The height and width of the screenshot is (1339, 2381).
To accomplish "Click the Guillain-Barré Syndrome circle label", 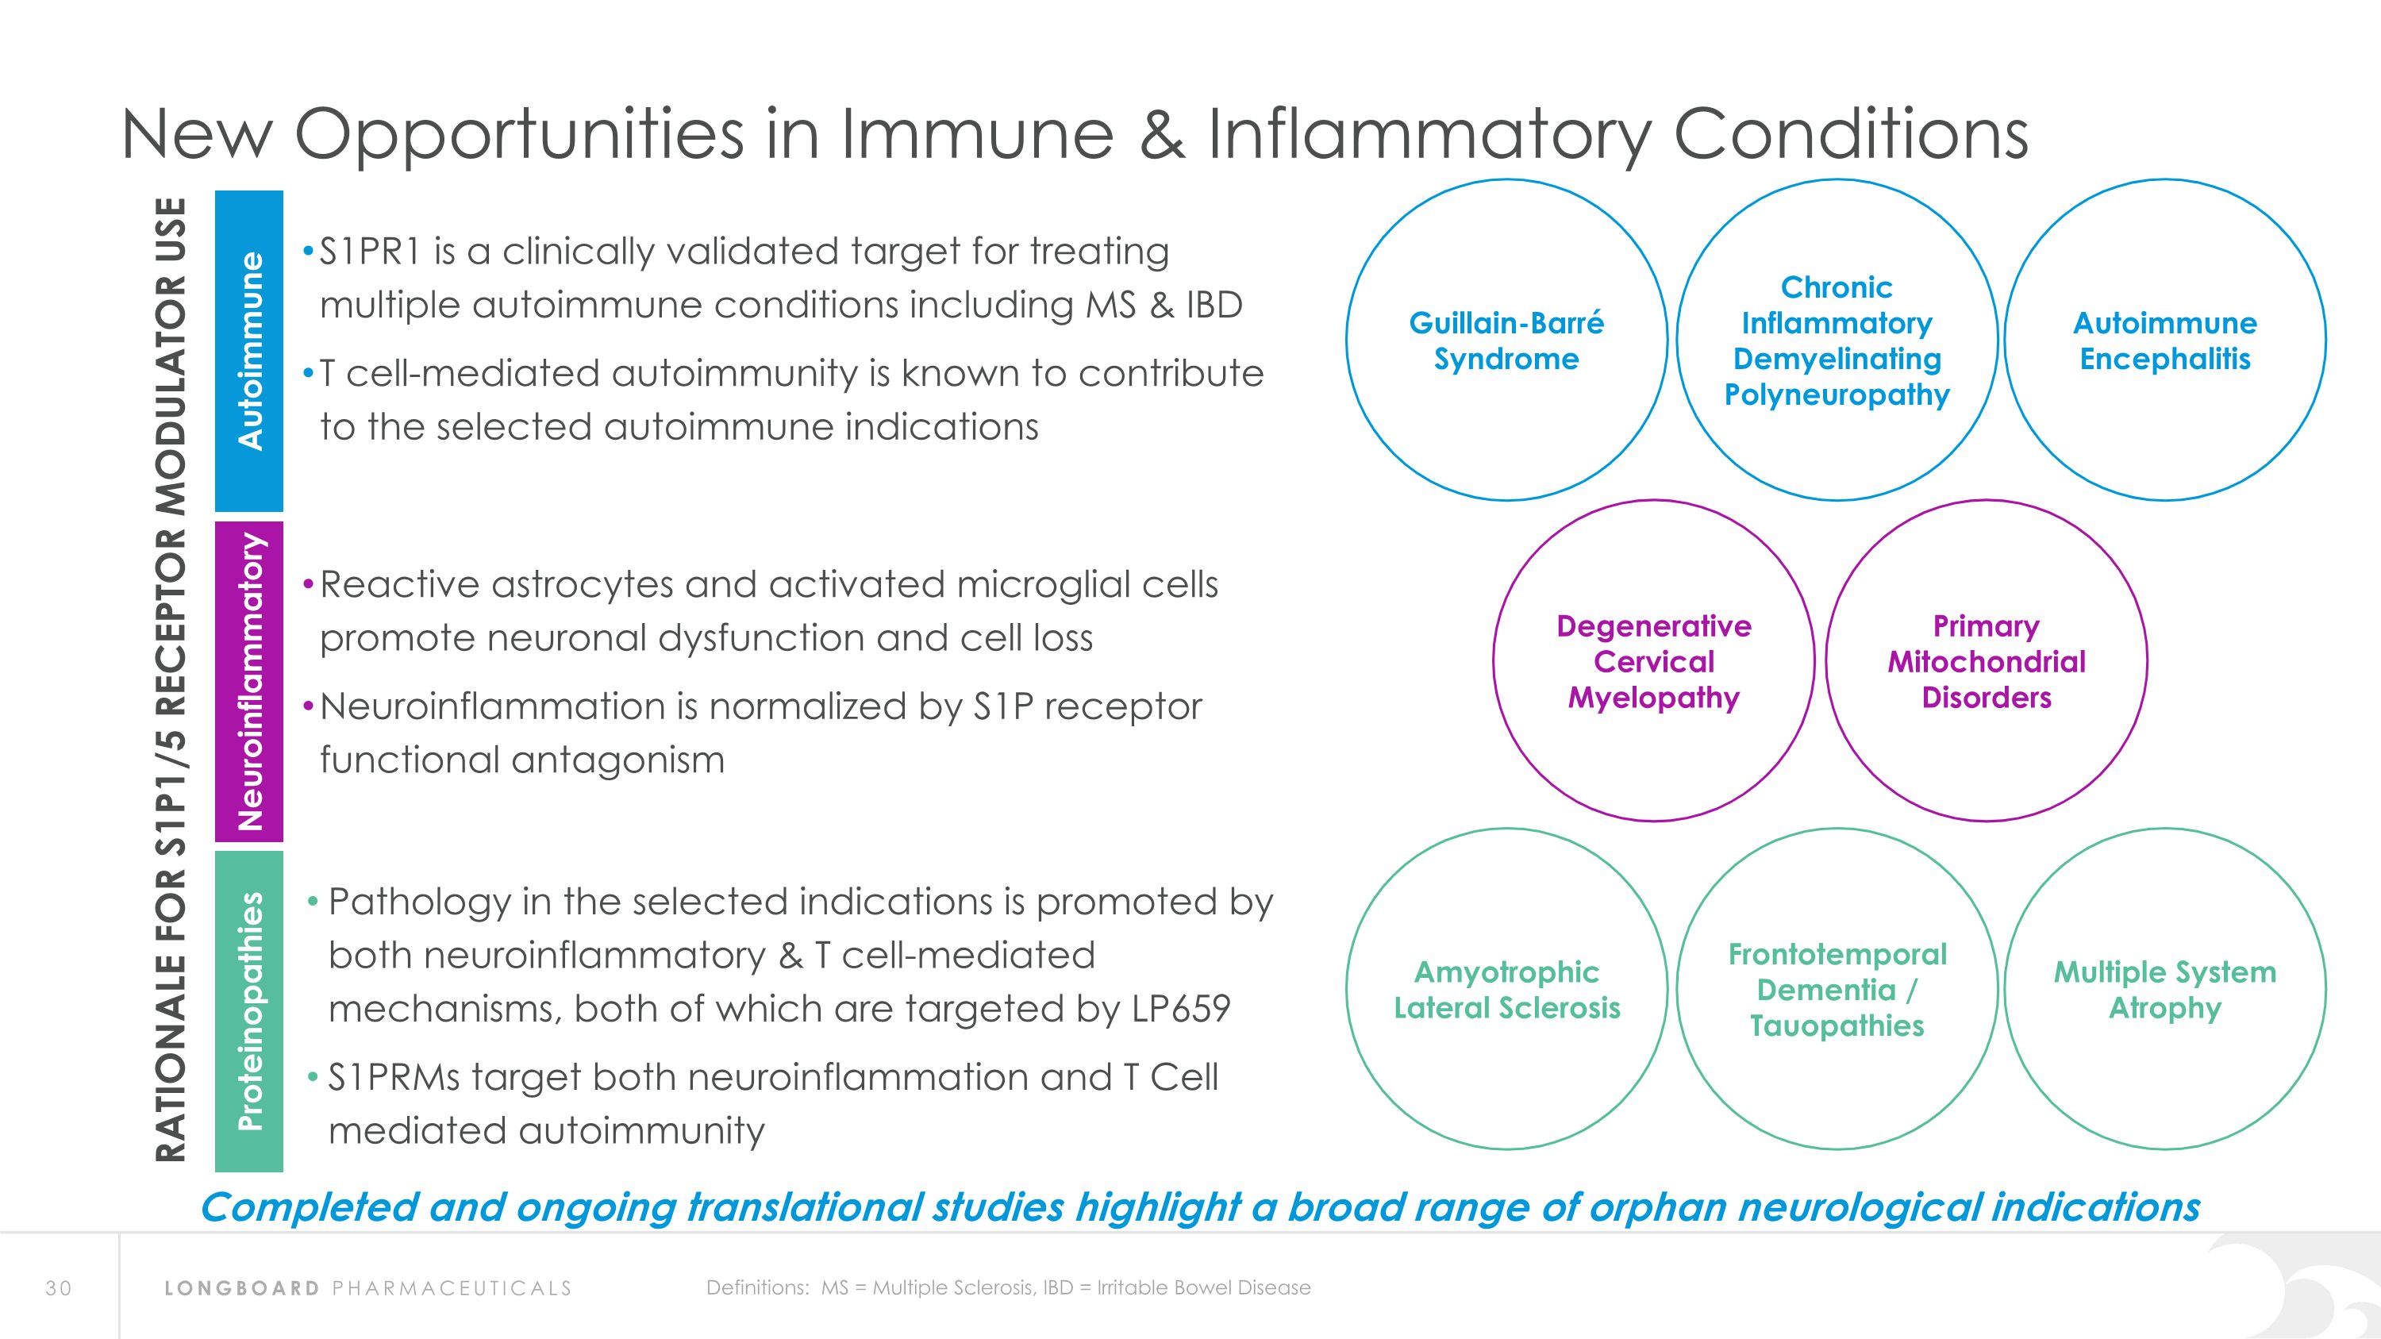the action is [x=1506, y=340].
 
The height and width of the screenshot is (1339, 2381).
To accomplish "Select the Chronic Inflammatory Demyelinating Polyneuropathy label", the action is [x=1837, y=340].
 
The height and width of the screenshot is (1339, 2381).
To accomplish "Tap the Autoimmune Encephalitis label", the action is [x=2164, y=340].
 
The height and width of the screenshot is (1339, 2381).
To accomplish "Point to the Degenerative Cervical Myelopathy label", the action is [x=1653, y=660].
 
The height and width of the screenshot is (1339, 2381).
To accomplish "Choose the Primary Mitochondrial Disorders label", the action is [x=1987, y=660].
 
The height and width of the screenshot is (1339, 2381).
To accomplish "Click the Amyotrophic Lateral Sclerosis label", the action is [x=1506, y=989].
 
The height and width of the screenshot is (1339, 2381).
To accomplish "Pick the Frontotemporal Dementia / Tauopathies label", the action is [x=1837, y=989].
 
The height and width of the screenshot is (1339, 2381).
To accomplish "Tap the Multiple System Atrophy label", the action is [x=2164, y=989].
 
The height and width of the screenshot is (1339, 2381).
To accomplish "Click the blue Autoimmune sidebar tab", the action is [x=248, y=351].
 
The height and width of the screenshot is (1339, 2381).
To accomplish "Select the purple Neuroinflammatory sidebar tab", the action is [x=248, y=682].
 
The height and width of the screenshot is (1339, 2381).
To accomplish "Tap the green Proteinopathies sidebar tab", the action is [x=248, y=1011].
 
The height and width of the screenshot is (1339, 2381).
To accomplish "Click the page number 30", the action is [x=58, y=1288].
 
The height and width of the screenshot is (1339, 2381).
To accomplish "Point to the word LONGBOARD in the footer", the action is [x=242, y=1288].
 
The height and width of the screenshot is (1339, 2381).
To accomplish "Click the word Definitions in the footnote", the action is [x=757, y=1287].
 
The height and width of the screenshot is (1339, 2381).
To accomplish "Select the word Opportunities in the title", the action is [x=518, y=135].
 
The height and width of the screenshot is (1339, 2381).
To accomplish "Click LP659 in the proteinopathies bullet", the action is [x=1180, y=1008].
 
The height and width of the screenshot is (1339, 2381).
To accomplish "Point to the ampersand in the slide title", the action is [x=1161, y=135].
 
